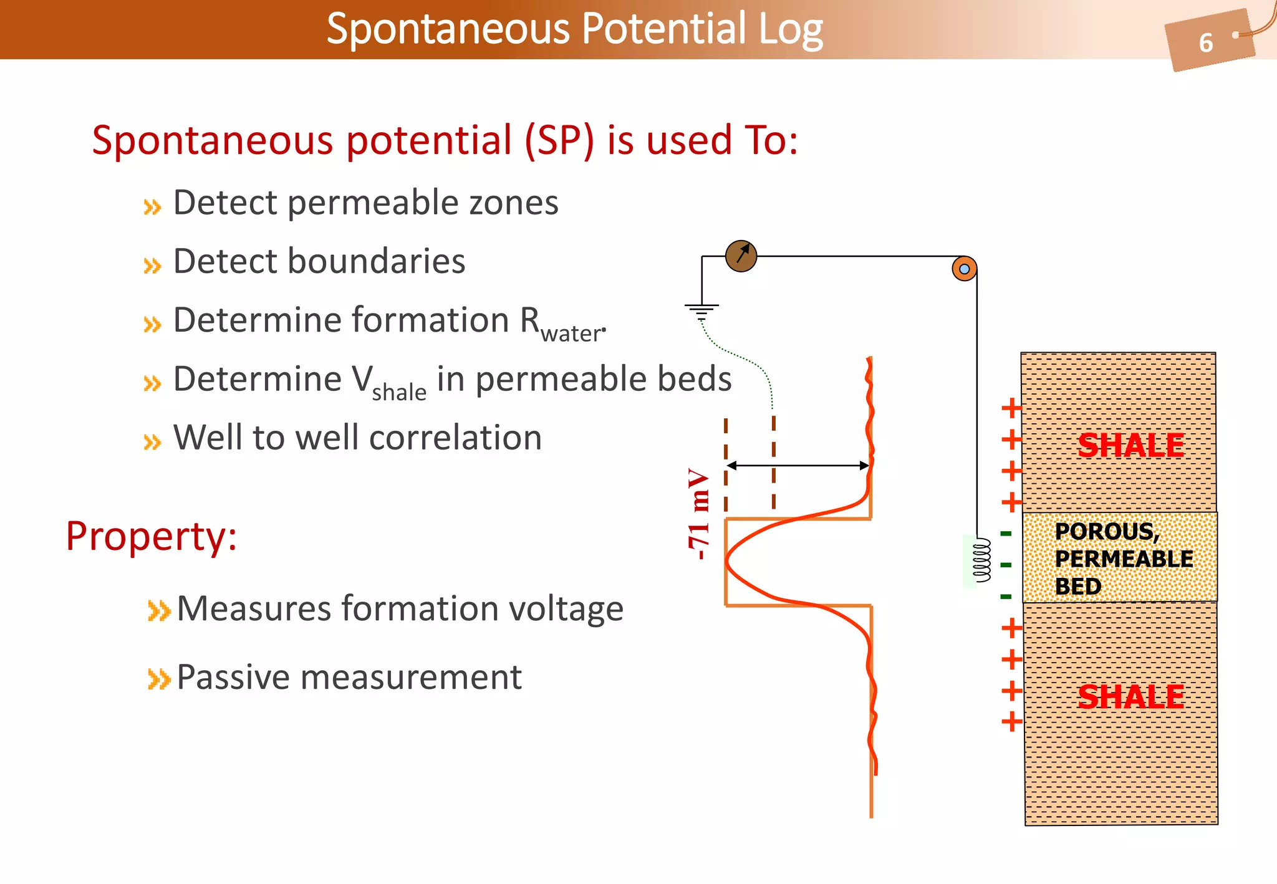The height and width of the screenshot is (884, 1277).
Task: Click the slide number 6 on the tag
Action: click(1205, 43)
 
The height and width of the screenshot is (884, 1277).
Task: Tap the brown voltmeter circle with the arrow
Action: click(741, 256)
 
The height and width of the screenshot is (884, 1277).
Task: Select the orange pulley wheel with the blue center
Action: click(964, 269)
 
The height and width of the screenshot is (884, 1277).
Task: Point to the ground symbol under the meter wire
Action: click(701, 310)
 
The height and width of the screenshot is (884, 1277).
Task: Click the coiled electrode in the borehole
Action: click(982, 560)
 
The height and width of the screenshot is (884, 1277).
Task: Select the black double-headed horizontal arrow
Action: click(798, 465)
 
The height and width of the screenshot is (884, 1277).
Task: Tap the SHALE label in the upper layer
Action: click(1130, 446)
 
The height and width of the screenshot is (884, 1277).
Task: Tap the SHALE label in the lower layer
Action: click(1130, 697)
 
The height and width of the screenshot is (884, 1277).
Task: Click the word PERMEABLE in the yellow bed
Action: click(1124, 559)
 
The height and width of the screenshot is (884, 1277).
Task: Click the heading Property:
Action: click(152, 536)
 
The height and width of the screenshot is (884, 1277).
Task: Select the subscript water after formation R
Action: click(571, 334)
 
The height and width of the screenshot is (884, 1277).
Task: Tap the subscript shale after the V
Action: click(399, 393)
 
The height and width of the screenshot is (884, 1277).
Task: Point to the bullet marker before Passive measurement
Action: click(158, 679)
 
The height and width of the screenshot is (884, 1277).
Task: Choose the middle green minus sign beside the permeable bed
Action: click(1006, 565)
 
